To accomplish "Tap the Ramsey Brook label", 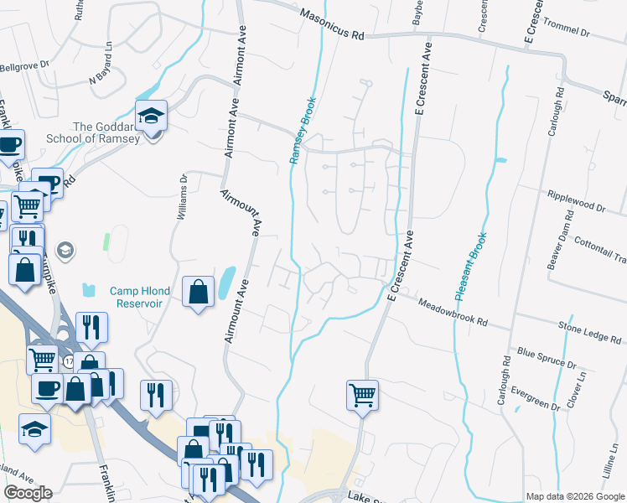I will click(302, 130).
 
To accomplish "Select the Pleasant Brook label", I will click(472, 267).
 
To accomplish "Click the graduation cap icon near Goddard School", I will click(152, 116).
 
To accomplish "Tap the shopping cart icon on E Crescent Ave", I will click(362, 393).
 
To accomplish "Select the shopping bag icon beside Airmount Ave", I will click(199, 293).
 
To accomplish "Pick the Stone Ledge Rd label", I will click(591, 331).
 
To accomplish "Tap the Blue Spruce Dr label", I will click(547, 359).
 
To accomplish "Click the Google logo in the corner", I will click(28, 493).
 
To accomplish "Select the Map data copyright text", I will click(575, 496).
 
